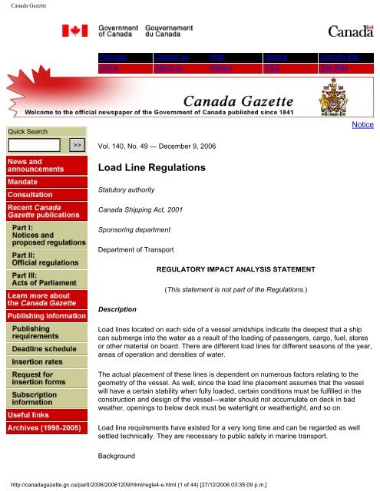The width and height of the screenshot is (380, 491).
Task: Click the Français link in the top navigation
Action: (x=112, y=58)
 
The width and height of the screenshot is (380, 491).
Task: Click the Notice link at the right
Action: (x=363, y=124)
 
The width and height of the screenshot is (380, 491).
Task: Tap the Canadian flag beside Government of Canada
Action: (x=80, y=31)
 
